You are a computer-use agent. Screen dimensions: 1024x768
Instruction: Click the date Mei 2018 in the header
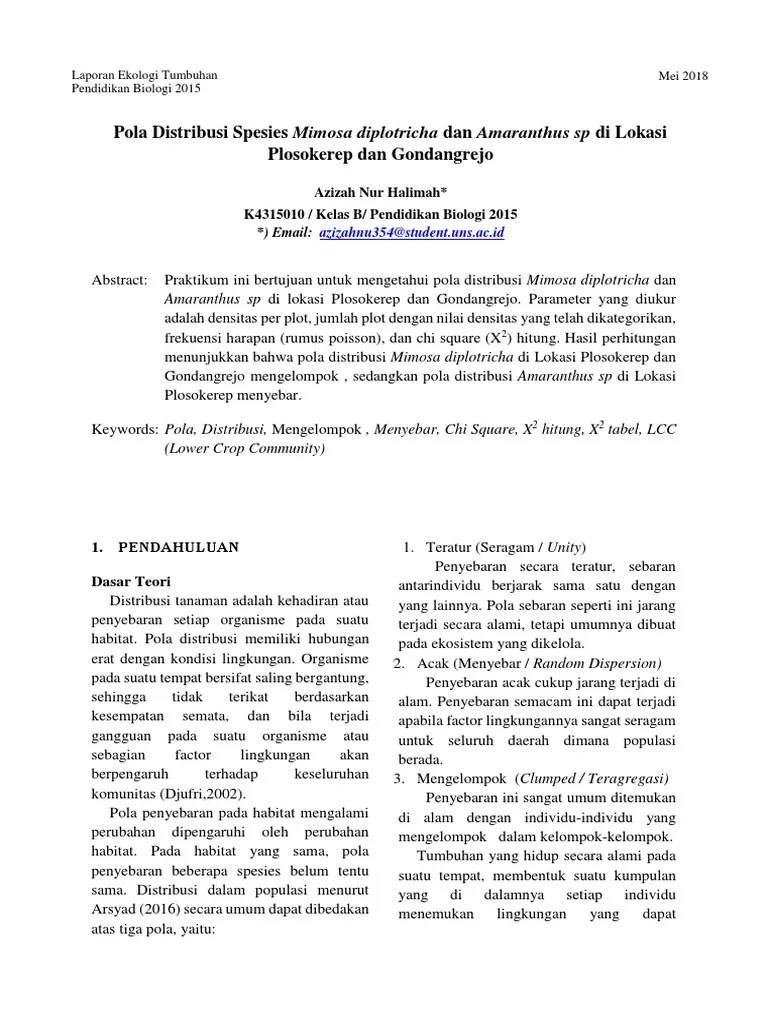pyautogui.click(x=682, y=75)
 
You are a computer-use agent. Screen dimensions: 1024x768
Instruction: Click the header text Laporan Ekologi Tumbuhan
pyautogui.click(x=146, y=75)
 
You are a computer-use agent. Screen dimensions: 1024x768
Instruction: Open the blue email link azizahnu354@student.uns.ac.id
pyautogui.click(x=411, y=232)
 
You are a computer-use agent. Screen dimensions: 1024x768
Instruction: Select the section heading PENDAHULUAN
pyautogui.click(x=179, y=548)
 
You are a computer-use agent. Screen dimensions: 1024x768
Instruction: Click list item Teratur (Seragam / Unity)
pyautogui.click(x=506, y=547)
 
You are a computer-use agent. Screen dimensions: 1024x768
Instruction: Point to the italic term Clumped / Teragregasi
pyautogui.click(x=592, y=778)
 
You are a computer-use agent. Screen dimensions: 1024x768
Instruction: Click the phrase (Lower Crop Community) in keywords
pyautogui.click(x=245, y=448)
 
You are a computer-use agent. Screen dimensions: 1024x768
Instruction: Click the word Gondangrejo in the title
pyautogui.click(x=445, y=155)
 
